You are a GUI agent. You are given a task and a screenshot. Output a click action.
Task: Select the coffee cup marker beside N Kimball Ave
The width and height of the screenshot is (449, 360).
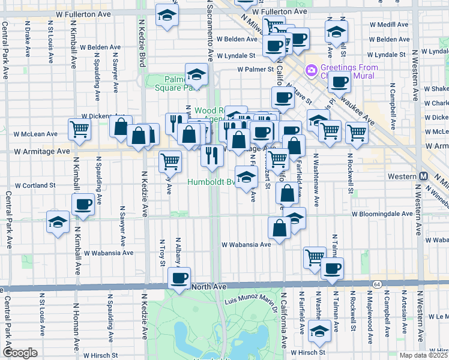pos(83,205)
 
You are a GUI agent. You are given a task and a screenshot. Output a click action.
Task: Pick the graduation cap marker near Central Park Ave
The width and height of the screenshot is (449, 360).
pos(57,222)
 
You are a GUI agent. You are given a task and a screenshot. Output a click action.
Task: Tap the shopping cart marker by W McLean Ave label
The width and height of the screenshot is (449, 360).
pos(79,128)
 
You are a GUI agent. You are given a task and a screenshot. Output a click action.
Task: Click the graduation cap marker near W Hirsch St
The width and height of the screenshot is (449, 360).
pos(320,330)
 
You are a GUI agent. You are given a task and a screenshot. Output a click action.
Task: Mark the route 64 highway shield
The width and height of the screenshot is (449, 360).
pos(376,283)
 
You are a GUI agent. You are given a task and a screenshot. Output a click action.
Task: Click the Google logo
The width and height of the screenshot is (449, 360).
pos(20,352)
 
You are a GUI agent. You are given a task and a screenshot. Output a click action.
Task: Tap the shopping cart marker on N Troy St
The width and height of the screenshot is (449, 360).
pos(170,160)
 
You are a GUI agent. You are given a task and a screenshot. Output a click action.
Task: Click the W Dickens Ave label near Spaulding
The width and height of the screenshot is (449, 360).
pos(106,116)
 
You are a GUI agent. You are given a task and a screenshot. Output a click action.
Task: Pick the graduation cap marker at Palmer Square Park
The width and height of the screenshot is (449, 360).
pos(196,75)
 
